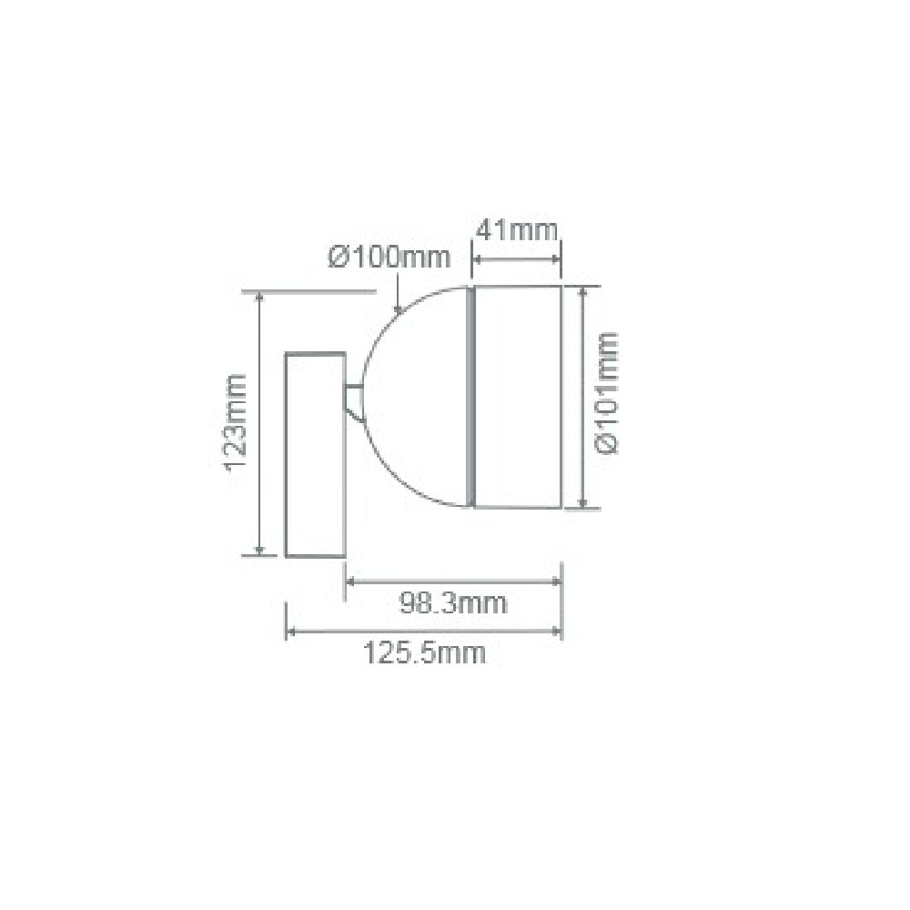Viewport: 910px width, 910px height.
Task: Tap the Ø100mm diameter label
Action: point(389,258)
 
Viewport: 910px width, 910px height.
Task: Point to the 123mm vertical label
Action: point(237,423)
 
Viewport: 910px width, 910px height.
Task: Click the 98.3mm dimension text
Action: point(453,602)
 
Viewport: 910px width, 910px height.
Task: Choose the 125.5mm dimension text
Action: point(424,652)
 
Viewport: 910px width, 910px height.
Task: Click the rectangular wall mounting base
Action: point(315,453)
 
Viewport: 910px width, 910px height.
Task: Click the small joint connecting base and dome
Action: point(353,397)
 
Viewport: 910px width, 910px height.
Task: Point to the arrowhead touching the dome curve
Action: point(398,308)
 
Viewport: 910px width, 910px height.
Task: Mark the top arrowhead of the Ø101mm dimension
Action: point(583,291)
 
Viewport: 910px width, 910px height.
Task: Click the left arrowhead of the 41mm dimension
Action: point(477,260)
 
